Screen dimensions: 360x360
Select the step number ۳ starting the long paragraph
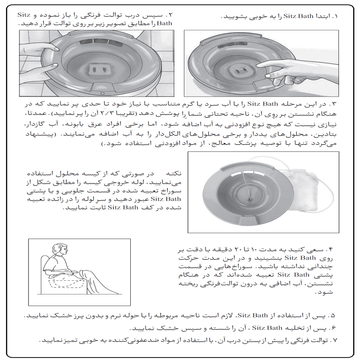pos(335,105)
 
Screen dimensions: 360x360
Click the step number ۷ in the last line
pos(335,340)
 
